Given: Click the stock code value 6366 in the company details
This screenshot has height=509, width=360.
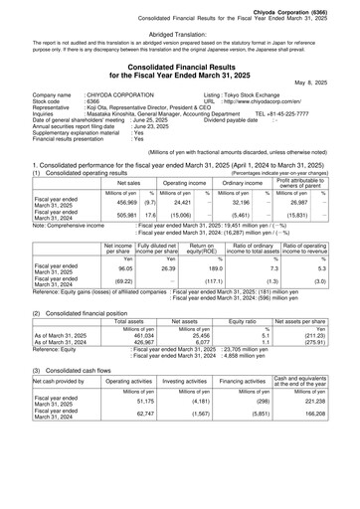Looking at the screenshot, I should tap(92, 101).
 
